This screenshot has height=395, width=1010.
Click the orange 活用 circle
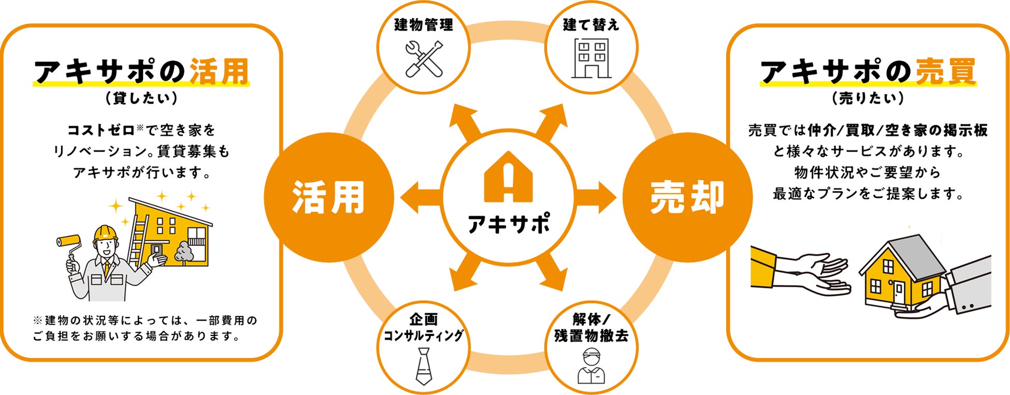pyautogui.click(x=328, y=197)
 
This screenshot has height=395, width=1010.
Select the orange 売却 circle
pyautogui.click(x=687, y=197)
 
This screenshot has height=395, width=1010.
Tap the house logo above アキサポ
pyautogui.click(x=508, y=177)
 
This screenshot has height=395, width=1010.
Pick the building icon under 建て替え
pyautogui.click(x=591, y=58)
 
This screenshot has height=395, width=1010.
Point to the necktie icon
pyautogui.click(x=424, y=365)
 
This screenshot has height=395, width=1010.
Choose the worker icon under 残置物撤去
pyautogui.click(x=591, y=367)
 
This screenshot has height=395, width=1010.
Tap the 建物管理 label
pyautogui.click(x=424, y=24)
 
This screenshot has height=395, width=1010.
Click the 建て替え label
pyautogui.click(x=591, y=24)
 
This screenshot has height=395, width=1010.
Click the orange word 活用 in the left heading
pyautogui.click(x=220, y=71)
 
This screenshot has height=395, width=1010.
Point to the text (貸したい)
pyautogui.click(x=141, y=98)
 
